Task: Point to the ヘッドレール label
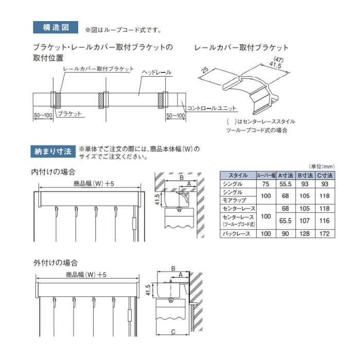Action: tap(157, 73)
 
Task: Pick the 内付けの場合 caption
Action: tap(54, 172)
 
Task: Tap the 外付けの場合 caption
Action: tap(54, 263)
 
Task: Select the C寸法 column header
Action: tap(325, 175)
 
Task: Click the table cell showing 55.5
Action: tap(285, 184)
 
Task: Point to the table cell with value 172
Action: tap(325, 233)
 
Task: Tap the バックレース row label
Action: tap(237, 233)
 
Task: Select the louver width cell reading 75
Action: tap(265, 184)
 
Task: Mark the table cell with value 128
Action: tap(305, 233)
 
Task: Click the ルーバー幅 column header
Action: tap(266, 175)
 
